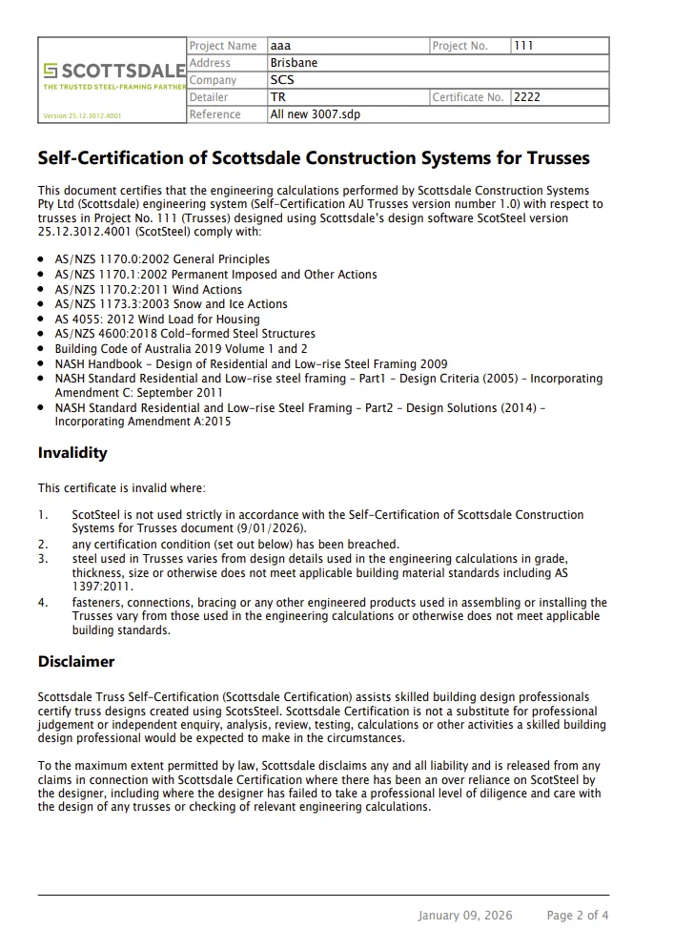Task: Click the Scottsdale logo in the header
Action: click(113, 71)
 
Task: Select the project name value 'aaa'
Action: click(280, 46)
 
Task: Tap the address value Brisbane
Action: click(294, 63)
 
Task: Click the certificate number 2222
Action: click(526, 97)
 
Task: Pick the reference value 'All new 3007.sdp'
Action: click(315, 114)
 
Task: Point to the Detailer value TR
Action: click(277, 97)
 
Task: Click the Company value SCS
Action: click(282, 80)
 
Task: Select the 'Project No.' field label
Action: click(460, 46)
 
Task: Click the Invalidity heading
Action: click(72, 453)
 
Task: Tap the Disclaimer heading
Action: click(76, 661)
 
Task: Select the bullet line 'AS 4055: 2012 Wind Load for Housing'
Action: click(157, 319)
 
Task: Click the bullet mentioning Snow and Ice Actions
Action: click(171, 303)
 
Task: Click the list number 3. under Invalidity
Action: click(43, 559)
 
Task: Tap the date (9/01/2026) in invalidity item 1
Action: click(272, 528)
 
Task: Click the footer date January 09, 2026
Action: click(464, 916)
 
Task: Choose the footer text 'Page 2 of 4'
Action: click(578, 916)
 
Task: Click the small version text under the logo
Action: click(82, 116)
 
